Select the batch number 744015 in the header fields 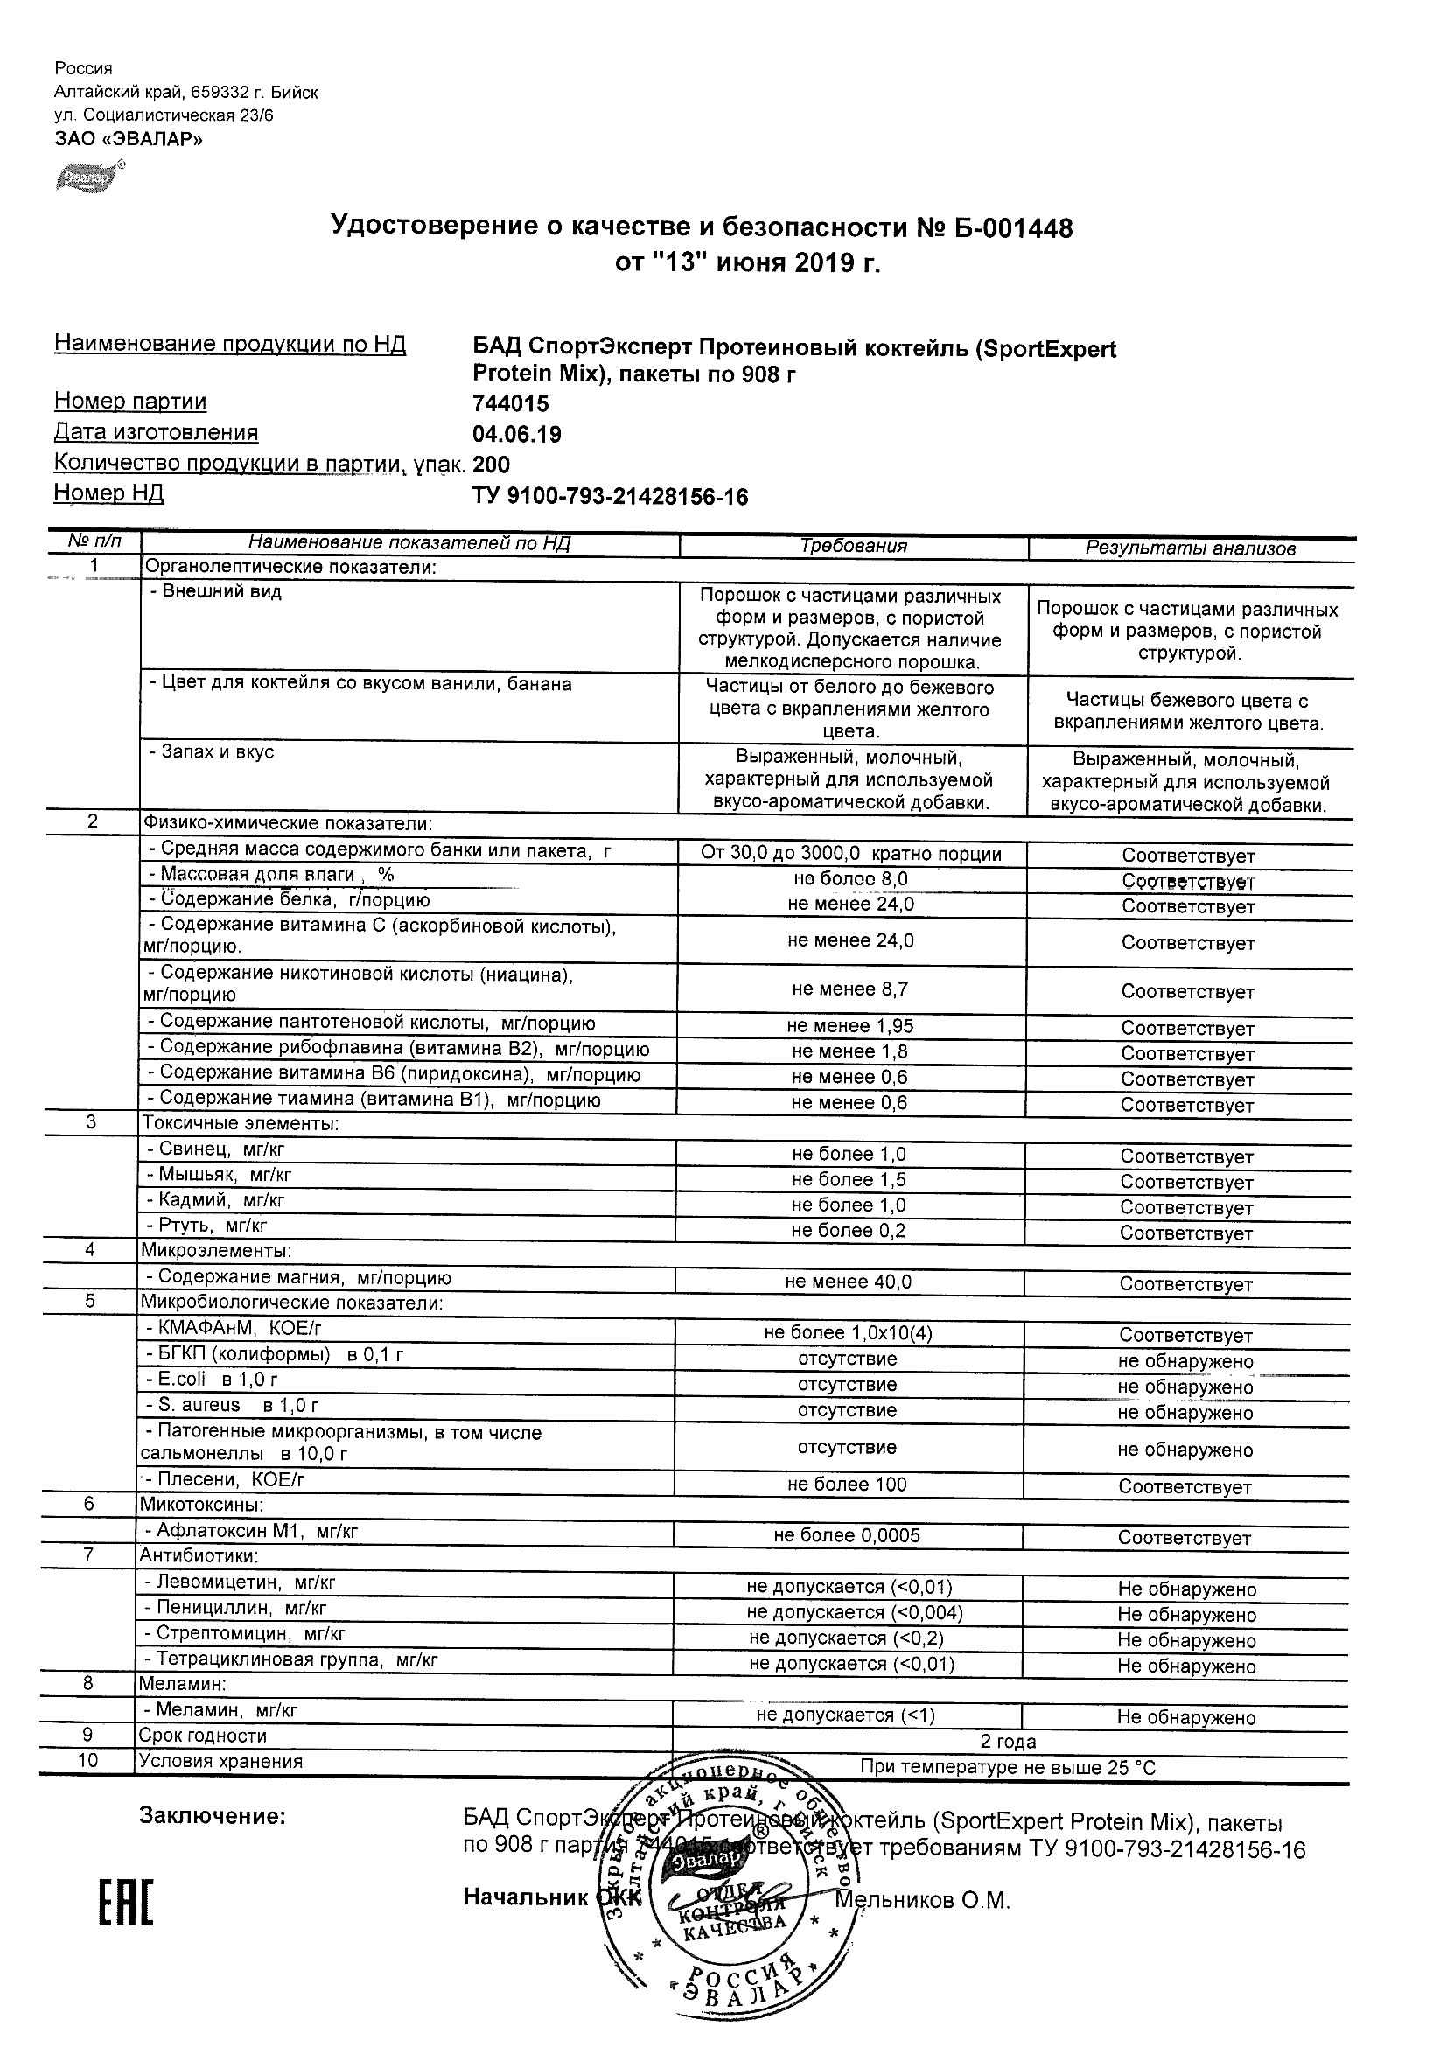point(511,405)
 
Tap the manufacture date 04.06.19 point(517,435)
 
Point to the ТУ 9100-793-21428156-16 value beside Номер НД point(610,498)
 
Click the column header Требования point(853,547)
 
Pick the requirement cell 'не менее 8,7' point(849,989)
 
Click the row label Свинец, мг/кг point(216,1150)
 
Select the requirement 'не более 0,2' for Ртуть point(848,1231)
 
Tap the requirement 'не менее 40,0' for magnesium point(848,1282)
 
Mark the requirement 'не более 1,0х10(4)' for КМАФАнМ point(848,1333)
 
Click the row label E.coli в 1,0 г point(213,1380)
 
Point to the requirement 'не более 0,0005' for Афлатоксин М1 point(846,1535)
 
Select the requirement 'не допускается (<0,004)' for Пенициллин point(854,1613)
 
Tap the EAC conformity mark point(125,1902)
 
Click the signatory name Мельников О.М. point(922,1900)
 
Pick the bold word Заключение point(213,1816)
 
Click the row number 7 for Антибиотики point(88,1555)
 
